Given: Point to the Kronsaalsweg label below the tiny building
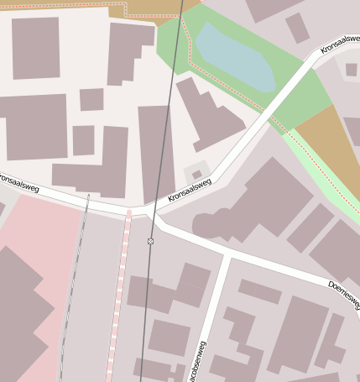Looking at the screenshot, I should click(189, 190).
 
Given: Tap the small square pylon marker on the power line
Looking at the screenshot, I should click(151, 241).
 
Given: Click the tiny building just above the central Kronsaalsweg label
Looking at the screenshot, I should click(196, 175).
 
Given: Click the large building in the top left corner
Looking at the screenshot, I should click(35, 48).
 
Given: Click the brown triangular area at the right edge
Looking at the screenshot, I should click(332, 143).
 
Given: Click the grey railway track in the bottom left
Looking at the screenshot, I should click(74, 285).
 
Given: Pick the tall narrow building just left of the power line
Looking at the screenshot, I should click(155, 151).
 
